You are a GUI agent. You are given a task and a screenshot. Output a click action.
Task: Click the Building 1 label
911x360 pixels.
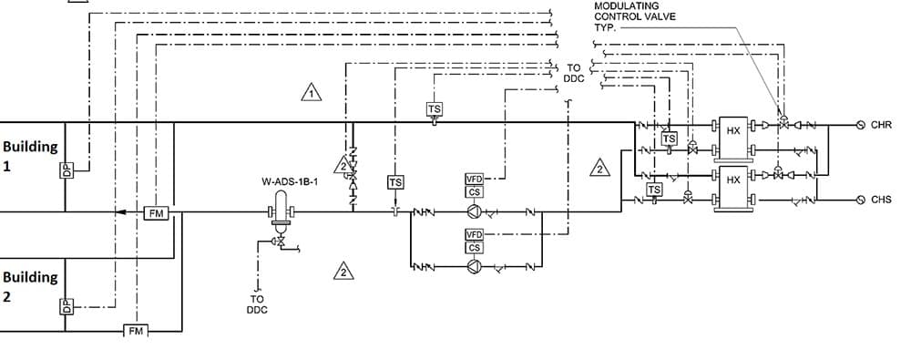[x=30, y=156]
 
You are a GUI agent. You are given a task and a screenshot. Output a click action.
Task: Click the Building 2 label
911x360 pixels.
[x=30, y=286]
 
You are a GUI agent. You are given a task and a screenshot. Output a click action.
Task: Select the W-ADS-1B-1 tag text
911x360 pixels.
[x=289, y=182]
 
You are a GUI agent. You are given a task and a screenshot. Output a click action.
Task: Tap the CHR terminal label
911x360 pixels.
[x=881, y=125]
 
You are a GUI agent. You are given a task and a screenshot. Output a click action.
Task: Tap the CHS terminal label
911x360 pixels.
[x=881, y=199]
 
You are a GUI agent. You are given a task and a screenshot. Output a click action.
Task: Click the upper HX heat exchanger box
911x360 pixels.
[x=732, y=131]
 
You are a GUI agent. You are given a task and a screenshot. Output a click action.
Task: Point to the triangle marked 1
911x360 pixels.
[x=312, y=93]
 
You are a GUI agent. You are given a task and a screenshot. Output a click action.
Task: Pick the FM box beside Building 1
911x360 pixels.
[x=156, y=212]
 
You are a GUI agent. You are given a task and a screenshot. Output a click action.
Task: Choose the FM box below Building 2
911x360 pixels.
[x=135, y=329]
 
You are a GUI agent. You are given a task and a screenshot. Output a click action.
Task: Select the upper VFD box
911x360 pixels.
[x=475, y=180]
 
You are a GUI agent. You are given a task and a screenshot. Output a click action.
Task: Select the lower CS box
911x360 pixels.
[x=475, y=248]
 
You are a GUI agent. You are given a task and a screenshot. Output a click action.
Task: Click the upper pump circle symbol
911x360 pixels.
[x=474, y=212]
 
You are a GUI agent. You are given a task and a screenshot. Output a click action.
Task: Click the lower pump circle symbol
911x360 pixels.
[x=474, y=267]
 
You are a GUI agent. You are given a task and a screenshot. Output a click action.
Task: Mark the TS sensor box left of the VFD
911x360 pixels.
[x=395, y=182]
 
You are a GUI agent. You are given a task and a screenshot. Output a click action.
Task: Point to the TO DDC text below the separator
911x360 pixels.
[x=257, y=303]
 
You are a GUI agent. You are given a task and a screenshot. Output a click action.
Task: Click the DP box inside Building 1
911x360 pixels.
[x=66, y=170]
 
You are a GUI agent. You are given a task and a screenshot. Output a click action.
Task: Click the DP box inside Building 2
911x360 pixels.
[x=66, y=306]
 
